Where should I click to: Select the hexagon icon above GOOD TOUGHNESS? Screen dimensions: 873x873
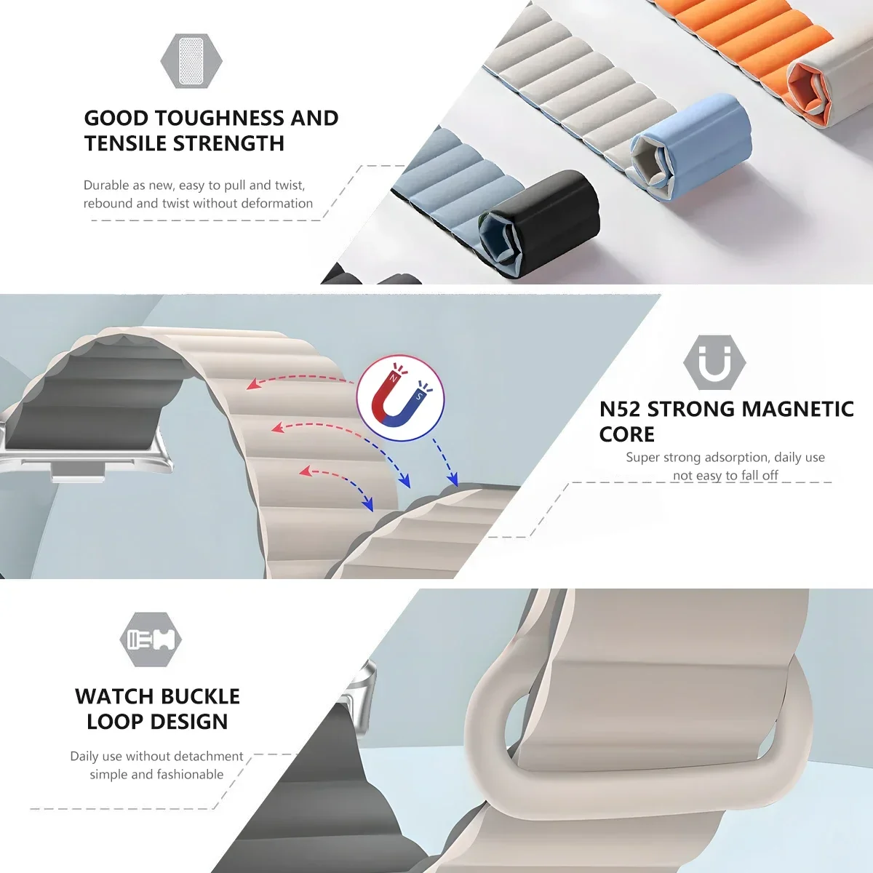[x=191, y=60]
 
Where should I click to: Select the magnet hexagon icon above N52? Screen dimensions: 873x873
[x=714, y=363]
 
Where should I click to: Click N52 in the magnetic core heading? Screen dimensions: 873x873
[x=620, y=409]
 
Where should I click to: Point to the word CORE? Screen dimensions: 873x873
[x=626, y=434]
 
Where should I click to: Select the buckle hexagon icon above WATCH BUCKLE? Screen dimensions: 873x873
[x=151, y=639]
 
